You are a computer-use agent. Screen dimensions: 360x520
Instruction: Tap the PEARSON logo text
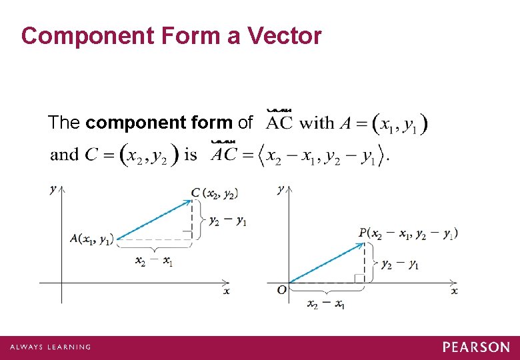point(476,347)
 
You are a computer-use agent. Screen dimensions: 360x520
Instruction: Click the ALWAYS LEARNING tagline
point(50,347)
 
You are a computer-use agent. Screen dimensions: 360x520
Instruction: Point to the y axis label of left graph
point(53,189)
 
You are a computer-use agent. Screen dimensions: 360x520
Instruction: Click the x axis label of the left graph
point(227,291)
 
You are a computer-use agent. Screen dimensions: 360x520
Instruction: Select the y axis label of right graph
point(281,189)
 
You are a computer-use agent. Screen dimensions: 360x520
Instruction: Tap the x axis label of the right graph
point(454,291)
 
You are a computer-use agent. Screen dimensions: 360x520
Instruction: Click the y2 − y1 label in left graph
point(228,221)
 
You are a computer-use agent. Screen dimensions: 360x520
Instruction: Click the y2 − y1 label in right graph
point(400,264)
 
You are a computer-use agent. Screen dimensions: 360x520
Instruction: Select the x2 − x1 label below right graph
point(326,304)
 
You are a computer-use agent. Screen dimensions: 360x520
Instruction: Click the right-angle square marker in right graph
point(359,278)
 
